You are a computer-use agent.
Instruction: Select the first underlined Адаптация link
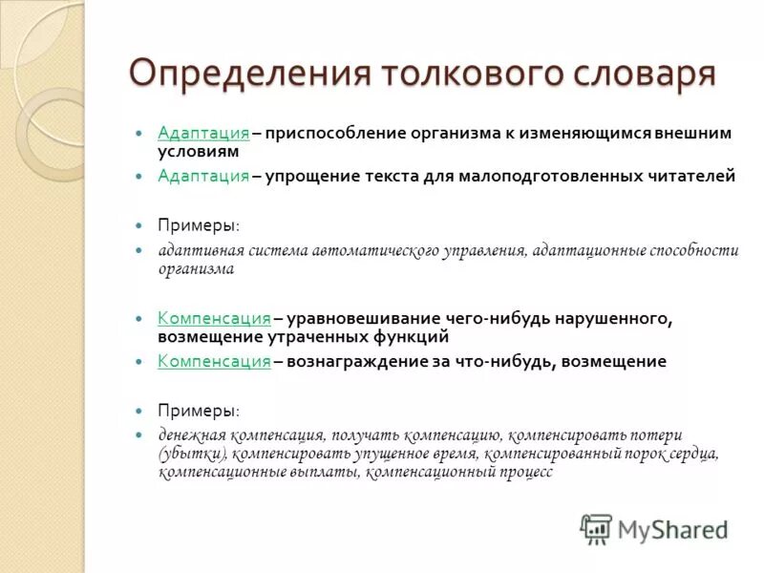pos(203,133)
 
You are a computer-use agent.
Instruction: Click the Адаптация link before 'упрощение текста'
pos(203,176)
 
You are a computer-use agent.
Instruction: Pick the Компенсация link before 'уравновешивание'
pos(214,318)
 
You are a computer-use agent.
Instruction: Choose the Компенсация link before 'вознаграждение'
pos(214,361)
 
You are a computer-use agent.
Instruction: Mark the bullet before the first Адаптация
pos(138,133)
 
